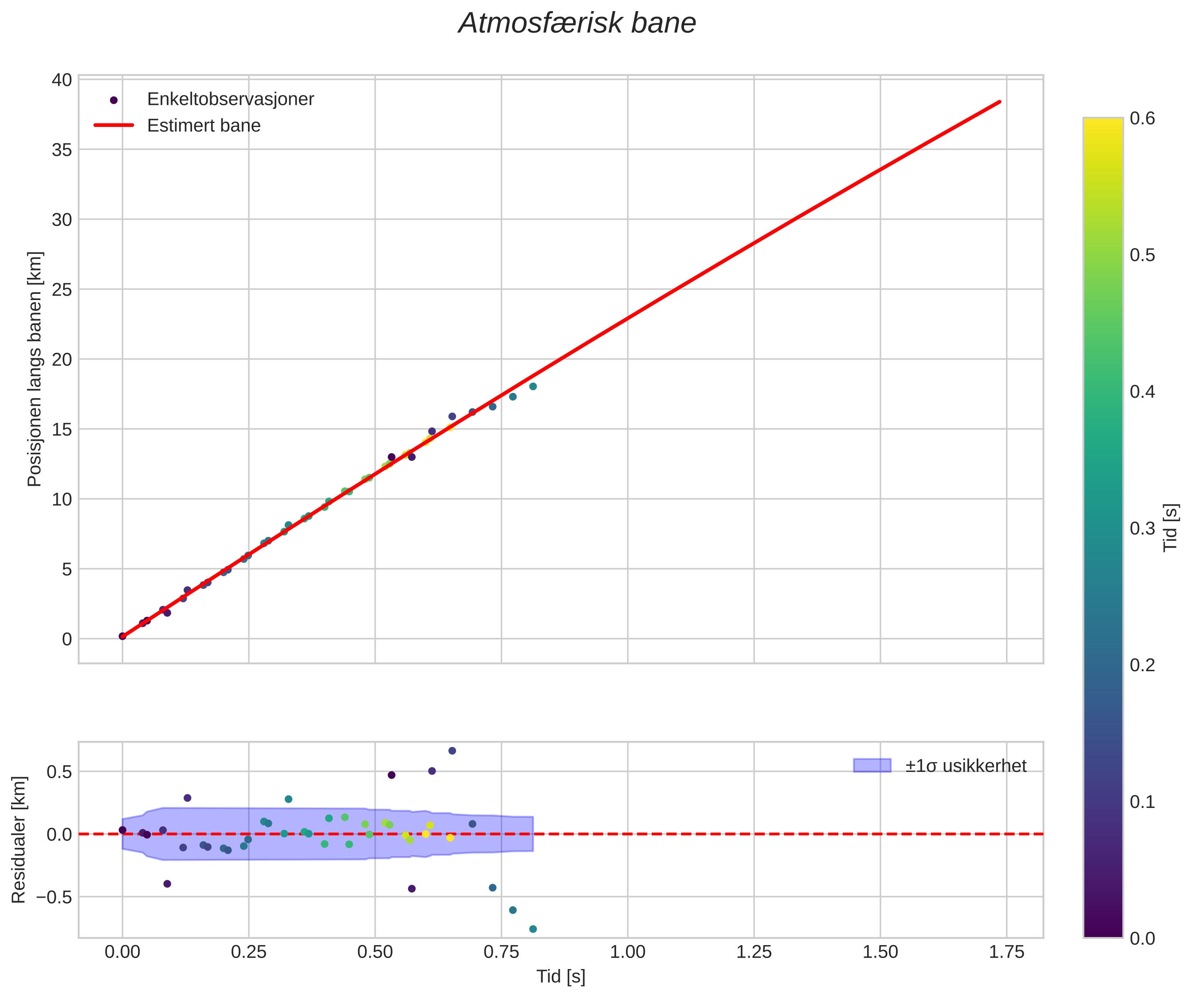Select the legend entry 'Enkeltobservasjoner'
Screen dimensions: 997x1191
(230, 99)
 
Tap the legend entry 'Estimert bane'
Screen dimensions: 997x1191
(204, 126)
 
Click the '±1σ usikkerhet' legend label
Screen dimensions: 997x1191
(965, 766)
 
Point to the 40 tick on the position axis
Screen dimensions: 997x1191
(63, 80)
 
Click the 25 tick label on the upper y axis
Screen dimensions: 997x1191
(63, 290)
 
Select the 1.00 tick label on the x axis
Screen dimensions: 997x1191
(627, 952)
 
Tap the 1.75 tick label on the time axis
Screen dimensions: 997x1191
(1006, 952)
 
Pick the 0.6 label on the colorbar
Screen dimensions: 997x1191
(1142, 118)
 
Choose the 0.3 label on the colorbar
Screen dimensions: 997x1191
(1142, 528)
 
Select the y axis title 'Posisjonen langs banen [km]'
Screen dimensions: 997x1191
(35, 369)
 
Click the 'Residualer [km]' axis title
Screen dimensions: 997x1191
(19, 840)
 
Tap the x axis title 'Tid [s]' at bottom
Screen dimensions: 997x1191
(560, 977)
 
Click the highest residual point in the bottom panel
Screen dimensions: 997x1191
(452, 751)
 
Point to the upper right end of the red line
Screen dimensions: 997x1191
(999, 102)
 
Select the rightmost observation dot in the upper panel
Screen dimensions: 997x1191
(533, 387)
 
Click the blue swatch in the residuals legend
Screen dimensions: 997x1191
(872, 765)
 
